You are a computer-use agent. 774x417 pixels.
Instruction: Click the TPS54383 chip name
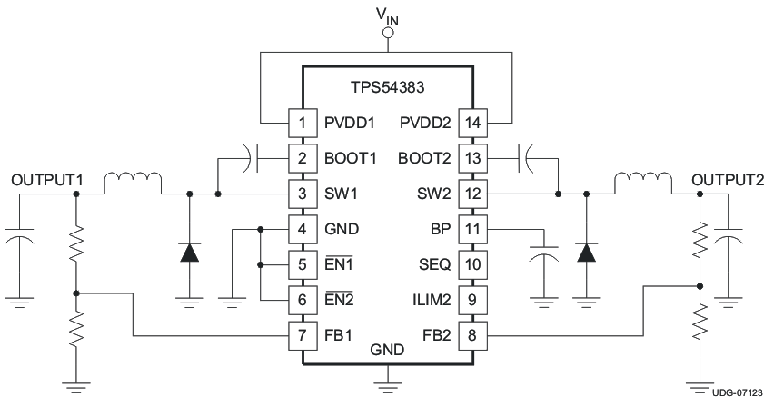pos(387,89)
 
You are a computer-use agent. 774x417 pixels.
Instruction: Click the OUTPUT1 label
pos(47,181)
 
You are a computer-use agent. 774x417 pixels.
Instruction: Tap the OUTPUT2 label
pos(728,180)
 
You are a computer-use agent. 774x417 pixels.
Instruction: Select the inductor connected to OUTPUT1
pos(133,183)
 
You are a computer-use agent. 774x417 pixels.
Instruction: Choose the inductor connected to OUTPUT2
pos(642,183)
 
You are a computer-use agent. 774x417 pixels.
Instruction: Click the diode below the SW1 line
pos(189,252)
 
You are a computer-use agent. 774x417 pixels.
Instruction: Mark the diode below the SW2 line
pos(586,252)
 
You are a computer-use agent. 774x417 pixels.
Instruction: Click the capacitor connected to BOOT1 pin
pos(252,158)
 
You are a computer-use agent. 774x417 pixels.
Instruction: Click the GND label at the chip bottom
pos(387,350)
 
